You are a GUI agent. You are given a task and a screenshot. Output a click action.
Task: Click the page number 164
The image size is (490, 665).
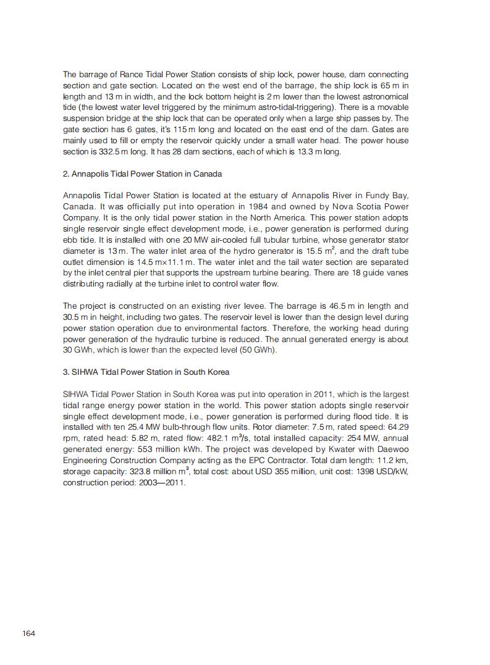(x=28, y=633)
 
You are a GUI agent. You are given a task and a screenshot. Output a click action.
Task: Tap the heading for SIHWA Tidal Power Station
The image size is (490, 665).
(x=146, y=372)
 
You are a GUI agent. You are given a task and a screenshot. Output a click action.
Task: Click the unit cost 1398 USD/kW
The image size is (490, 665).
(x=374, y=472)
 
